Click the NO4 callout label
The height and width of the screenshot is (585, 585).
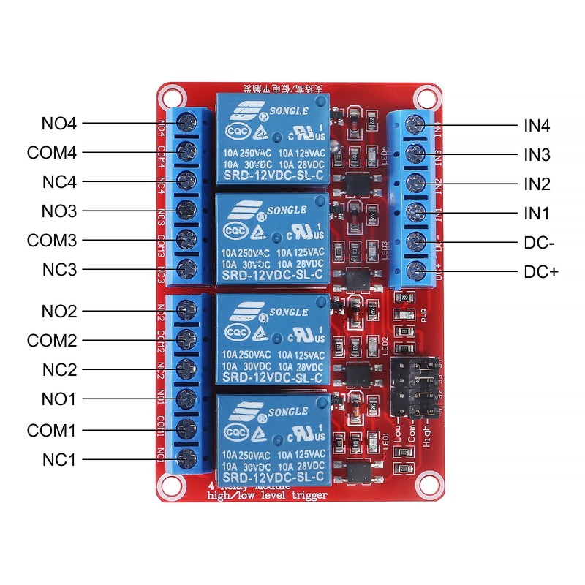58,124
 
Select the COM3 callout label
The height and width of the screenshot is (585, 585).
51,240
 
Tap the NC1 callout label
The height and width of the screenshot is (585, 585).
58,459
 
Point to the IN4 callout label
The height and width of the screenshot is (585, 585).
537,126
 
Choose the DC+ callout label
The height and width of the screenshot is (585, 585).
541,271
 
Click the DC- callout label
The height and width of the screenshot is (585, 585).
540,242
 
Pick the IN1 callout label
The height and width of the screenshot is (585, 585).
537,214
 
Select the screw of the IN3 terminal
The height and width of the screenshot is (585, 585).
418,153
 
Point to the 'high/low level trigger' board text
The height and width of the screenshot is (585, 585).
267,496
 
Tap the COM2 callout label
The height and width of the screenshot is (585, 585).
51,341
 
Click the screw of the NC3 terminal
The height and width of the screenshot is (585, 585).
188,266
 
